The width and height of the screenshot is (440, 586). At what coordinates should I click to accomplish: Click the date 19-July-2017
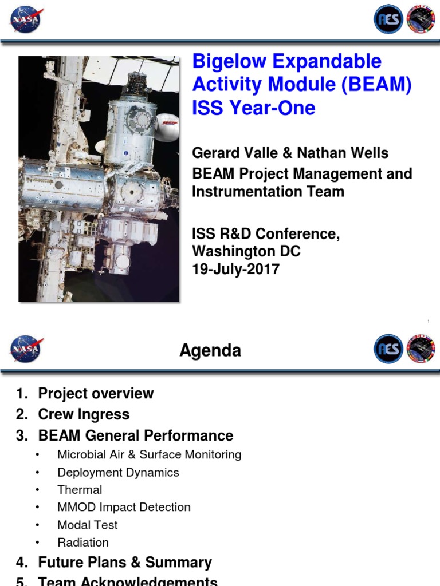pos(236,269)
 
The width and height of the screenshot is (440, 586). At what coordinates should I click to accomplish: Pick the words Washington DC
pos(246,251)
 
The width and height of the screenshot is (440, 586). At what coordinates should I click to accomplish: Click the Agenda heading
pos(210,350)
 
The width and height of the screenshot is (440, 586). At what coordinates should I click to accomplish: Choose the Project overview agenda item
pos(96,393)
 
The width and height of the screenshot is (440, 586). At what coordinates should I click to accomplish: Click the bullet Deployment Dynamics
pos(118,472)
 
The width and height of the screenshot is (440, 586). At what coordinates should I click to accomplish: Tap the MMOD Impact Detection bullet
pos(124,507)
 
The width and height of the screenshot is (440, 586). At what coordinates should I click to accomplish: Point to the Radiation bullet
pos(83,542)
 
